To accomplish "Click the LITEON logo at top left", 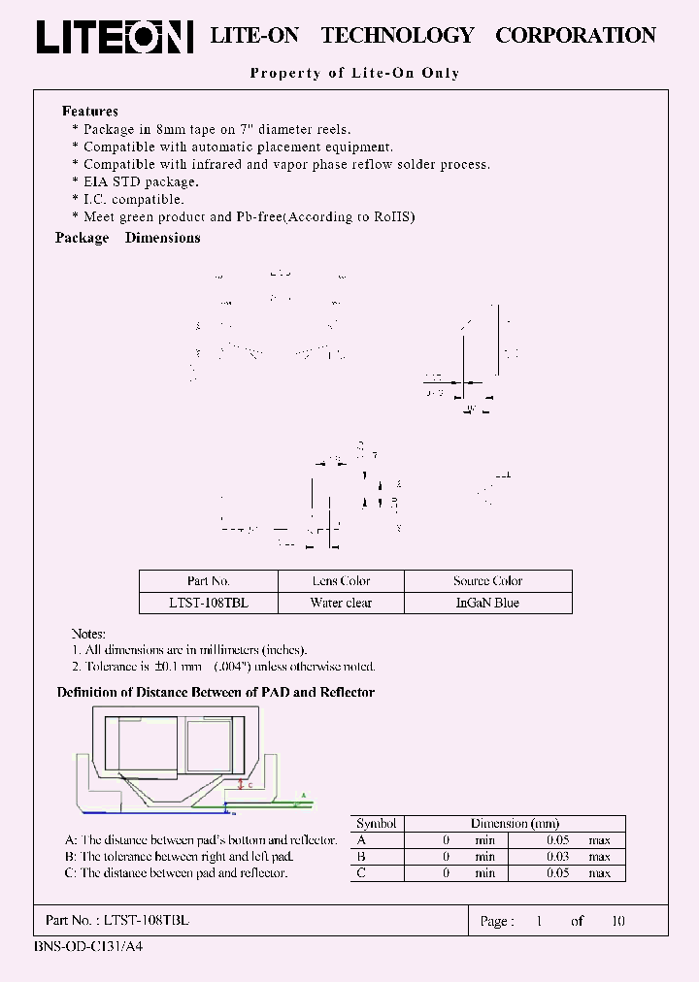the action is (115, 37).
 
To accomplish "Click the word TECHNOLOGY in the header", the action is (397, 36).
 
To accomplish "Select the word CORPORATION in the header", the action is (575, 36).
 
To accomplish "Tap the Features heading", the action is (90, 112).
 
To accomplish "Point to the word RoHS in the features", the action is (394, 217).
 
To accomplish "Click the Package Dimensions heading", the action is (128, 238).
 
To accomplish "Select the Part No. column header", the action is (209, 581).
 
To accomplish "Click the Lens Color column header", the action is (341, 581).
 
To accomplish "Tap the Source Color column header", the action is (487, 581).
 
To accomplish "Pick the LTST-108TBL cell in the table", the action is (209, 603).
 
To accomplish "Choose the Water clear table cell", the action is (341, 603).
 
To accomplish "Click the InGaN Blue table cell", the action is (487, 603).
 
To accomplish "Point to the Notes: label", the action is (88, 634).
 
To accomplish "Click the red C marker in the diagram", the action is (250, 784).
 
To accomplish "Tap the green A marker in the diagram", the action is (303, 795).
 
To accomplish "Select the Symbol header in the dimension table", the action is (377, 824).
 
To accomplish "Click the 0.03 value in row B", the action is (557, 857).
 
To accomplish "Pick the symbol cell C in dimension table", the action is (362, 873).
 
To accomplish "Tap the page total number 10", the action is (617, 921).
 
